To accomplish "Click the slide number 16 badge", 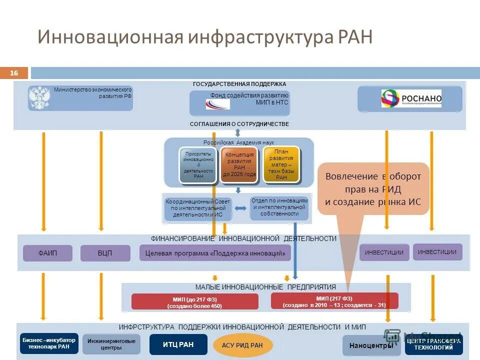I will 14,73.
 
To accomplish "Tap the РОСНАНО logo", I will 411,98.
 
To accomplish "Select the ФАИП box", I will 48,253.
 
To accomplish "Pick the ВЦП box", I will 105,253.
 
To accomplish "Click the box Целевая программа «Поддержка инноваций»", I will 215,253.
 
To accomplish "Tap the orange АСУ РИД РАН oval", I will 242,345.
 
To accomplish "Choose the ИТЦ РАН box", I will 178,344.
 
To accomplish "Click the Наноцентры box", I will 371,345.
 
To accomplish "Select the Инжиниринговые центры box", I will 111,344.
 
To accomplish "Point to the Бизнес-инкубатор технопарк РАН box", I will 49,343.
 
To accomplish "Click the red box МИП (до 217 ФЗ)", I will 194,302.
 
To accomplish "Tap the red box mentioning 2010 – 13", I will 334,301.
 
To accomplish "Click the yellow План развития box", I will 281,164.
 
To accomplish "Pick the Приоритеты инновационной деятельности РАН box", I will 198,165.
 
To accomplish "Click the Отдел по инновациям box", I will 279,207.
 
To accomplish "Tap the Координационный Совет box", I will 198,208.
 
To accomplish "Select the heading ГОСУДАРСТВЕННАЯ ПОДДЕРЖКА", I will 239,84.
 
